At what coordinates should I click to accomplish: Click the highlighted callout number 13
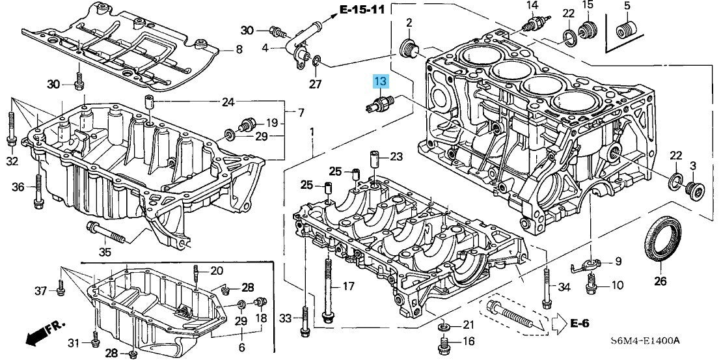[x=379, y=81]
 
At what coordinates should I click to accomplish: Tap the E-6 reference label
[x=580, y=323]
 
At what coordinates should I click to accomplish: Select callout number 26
[x=660, y=281]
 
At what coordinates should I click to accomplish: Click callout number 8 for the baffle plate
[x=239, y=49]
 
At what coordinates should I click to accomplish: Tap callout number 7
[x=301, y=113]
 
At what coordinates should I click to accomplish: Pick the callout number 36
[x=18, y=187]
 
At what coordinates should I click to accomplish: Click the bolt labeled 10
[x=592, y=283]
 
